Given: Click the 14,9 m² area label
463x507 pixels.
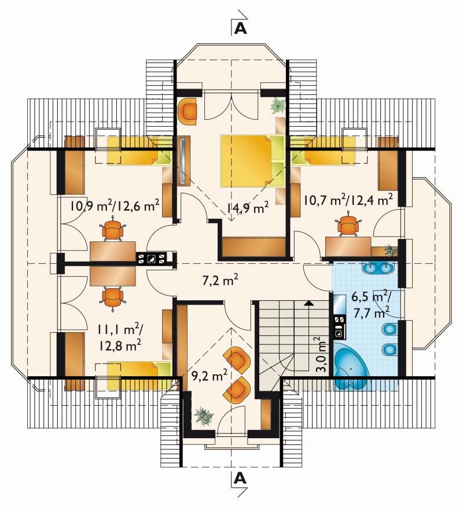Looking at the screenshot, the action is (x=248, y=208).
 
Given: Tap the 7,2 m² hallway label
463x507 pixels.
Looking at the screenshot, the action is (x=221, y=280).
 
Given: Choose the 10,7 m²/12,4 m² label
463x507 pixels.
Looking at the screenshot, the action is (x=348, y=199).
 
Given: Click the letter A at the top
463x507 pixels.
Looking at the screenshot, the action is (x=240, y=28).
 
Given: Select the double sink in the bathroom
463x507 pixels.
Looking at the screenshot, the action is (x=378, y=267).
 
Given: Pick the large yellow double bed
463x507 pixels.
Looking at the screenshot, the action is (x=252, y=161).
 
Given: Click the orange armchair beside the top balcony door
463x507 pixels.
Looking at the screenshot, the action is (x=188, y=111).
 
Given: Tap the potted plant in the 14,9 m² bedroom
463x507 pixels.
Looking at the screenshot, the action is (x=278, y=105).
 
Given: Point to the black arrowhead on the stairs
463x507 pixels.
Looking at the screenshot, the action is (x=309, y=303).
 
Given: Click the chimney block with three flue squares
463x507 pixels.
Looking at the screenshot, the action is (x=151, y=258).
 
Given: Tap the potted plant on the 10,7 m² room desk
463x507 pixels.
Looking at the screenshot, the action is (x=390, y=250).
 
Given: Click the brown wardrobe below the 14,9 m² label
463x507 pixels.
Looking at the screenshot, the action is (x=254, y=247).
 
